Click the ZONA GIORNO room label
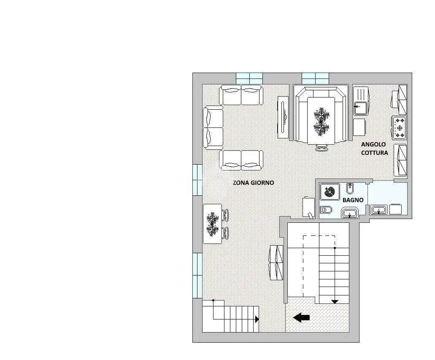pos(253,183)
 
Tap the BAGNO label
pos(353,200)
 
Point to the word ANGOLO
pos(373,144)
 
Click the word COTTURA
pos(375,153)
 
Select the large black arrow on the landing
pos(301,317)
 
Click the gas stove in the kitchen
pos(400,128)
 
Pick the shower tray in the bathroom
pos(330,192)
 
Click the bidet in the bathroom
pos(349,189)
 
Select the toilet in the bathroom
pos(326,210)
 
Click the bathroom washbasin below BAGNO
pos(349,213)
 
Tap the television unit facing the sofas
pos(283,117)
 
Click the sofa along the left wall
pos(213,128)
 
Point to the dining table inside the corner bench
pos(321,121)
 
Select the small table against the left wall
pos(213,224)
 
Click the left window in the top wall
pos(249,78)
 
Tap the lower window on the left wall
pos(197,275)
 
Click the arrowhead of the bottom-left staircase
pos(257,319)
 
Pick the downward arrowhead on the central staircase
pos(335,302)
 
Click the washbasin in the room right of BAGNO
pos(379,210)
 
